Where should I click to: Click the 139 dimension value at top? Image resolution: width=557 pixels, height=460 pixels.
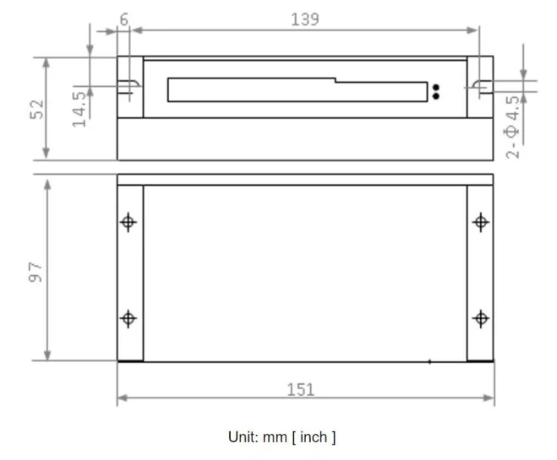(304, 19)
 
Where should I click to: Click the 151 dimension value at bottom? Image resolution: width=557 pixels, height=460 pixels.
(300, 389)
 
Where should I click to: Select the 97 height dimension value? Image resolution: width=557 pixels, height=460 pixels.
(35, 271)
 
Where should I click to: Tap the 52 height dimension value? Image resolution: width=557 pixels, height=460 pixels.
(36, 109)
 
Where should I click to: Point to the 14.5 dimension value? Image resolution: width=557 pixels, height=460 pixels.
(79, 106)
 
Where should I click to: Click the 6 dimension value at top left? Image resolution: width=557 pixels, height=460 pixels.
(124, 19)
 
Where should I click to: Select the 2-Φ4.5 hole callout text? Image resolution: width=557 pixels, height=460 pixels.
(512, 127)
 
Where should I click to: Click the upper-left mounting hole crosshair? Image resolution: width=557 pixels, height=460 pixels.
(128, 222)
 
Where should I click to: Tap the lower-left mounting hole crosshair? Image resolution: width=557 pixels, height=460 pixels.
(128, 318)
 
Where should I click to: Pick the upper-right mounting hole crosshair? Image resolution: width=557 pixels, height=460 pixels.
(480, 222)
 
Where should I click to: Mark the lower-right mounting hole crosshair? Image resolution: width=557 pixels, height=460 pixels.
(480, 318)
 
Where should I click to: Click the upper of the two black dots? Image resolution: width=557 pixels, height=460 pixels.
(436, 87)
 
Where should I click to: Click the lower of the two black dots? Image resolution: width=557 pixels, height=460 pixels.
(436, 96)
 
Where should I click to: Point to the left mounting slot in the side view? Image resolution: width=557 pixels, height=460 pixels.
(128, 85)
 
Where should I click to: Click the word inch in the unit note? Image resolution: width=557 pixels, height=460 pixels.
(313, 436)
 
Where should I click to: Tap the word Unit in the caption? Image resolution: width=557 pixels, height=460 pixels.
(242, 436)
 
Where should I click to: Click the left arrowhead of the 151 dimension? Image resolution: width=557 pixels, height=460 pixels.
(121, 398)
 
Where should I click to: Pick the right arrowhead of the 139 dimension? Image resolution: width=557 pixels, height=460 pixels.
(474, 30)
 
